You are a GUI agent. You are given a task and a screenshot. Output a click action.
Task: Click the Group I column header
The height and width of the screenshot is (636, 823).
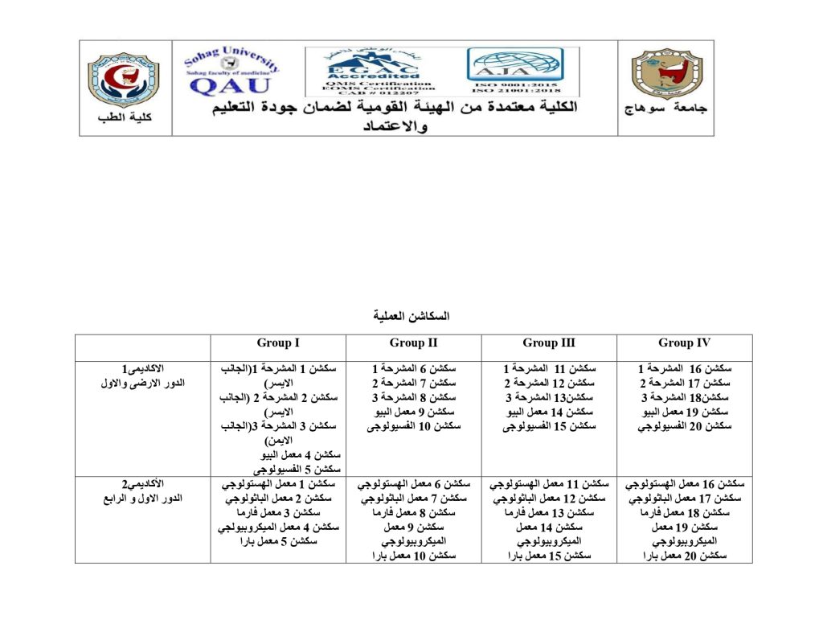278,343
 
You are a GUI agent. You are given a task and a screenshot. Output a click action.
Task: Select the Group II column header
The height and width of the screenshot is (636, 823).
413,343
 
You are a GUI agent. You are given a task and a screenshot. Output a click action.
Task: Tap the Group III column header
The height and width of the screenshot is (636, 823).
549,343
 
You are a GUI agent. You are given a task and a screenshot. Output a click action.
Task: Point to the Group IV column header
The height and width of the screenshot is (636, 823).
684,343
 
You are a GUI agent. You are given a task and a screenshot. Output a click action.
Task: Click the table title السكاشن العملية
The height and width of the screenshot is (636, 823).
411,316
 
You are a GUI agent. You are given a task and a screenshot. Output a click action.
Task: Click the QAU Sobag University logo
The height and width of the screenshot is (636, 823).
231,71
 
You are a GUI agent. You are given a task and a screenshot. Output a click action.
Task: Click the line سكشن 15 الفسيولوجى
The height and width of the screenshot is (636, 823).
549,426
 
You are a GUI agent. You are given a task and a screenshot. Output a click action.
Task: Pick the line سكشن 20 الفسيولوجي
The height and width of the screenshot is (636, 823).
684,426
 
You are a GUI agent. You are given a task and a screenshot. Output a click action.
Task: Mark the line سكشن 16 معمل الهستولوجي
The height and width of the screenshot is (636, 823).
684,484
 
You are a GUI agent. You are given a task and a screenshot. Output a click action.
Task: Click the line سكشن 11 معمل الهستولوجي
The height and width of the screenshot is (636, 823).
549,484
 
